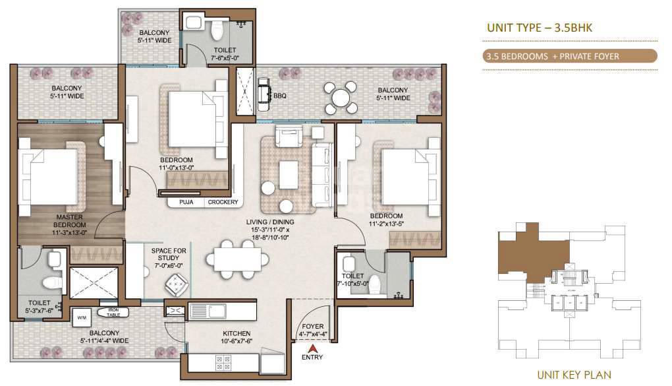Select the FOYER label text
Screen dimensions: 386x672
(313, 326)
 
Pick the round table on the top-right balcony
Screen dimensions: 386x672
(341, 98)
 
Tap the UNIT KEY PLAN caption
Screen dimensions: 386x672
(574, 375)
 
